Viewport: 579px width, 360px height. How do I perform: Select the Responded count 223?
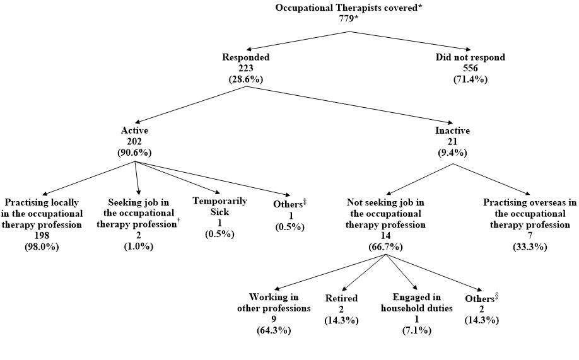point(246,68)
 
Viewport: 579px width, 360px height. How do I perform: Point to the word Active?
point(134,130)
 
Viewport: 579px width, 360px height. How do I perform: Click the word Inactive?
point(453,130)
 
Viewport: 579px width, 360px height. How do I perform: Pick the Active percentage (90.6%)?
point(134,152)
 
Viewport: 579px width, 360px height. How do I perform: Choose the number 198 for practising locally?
point(42,236)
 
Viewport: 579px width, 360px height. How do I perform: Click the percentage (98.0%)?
point(42,247)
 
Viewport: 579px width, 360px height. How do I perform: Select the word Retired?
point(341,298)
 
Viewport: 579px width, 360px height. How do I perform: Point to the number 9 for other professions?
point(274,320)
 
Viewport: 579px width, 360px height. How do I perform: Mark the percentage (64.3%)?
point(274,331)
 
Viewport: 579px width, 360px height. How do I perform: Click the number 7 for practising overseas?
point(530,236)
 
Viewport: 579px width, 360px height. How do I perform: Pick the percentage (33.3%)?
point(530,247)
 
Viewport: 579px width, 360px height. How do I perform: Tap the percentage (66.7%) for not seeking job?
point(385,247)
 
